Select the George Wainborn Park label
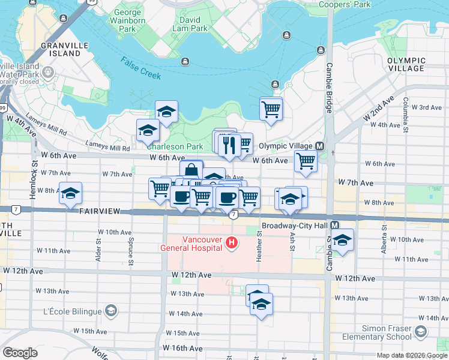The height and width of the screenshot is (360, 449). pos(127,20)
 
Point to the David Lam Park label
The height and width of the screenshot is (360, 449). pos(190,24)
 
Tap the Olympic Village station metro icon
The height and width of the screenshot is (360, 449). pos(319,146)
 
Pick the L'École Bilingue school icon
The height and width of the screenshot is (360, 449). pos(110,310)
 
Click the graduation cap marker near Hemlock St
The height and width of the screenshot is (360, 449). pos(70,193)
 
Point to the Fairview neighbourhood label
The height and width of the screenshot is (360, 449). pos(100,212)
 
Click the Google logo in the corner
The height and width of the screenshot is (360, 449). pos(20,353)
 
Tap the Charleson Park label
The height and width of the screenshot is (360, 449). pos(175,146)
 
